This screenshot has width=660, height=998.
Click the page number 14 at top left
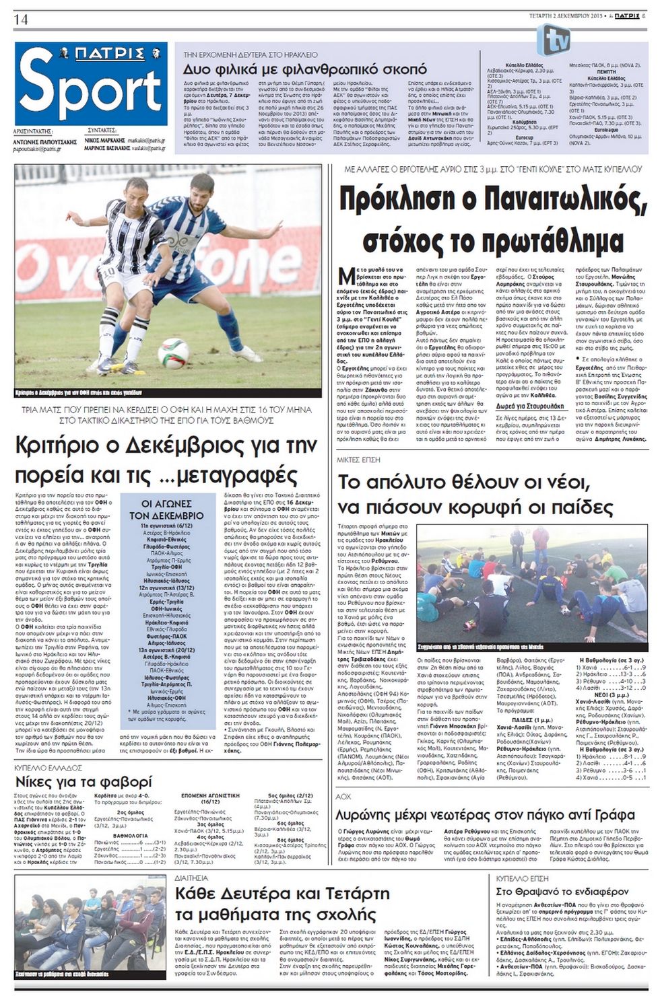(x=20, y=19)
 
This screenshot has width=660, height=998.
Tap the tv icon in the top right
(x=556, y=40)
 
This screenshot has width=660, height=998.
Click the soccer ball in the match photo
(x=173, y=352)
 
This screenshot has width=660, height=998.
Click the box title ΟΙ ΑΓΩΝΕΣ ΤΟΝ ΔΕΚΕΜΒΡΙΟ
(x=166, y=509)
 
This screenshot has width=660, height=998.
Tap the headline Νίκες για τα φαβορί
(x=84, y=782)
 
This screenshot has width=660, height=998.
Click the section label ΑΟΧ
(x=344, y=796)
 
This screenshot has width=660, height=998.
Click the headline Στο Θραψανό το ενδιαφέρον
(x=552, y=891)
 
